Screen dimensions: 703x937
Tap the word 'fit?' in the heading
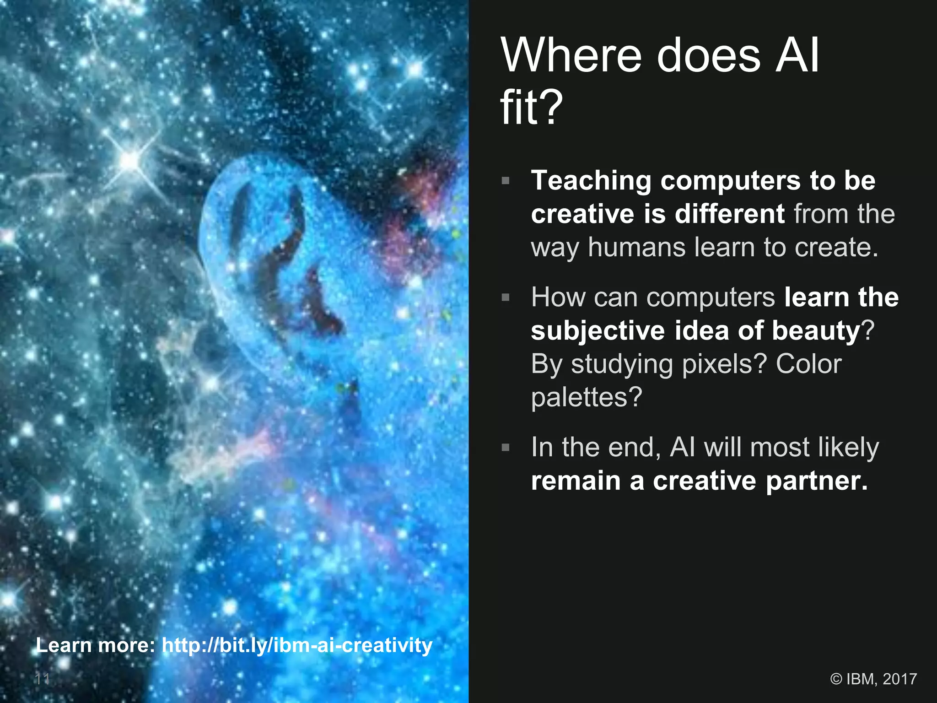pos(531,108)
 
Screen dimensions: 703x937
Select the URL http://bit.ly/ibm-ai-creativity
pos(297,645)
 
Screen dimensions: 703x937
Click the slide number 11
pos(43,679)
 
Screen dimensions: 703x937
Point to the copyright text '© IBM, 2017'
pos(873,679)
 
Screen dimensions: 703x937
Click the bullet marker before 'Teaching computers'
pos(506,180)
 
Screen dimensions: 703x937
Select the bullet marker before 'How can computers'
pos(506,297)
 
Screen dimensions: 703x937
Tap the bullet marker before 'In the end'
pos(506,447)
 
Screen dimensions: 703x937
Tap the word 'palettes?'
pos(587,397)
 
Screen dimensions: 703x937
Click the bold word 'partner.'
pos(817,481)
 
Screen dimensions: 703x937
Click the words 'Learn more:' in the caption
pos(96,645)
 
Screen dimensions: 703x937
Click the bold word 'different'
pos(730,214)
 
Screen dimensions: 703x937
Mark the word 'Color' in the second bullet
pos(809,364)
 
